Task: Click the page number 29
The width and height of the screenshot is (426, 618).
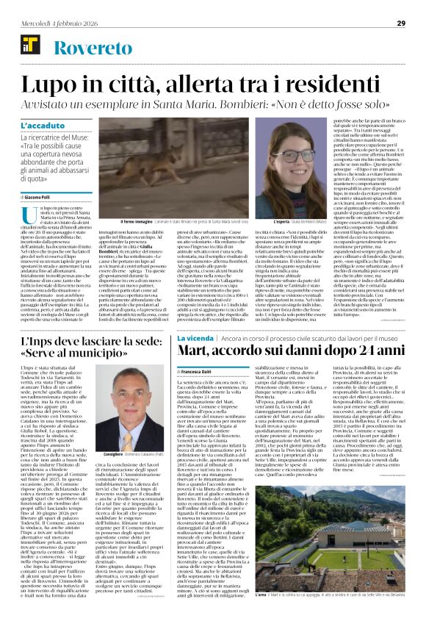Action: click(x=401, y=23)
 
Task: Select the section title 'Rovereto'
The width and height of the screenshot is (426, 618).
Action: click(x=86, y=48)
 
